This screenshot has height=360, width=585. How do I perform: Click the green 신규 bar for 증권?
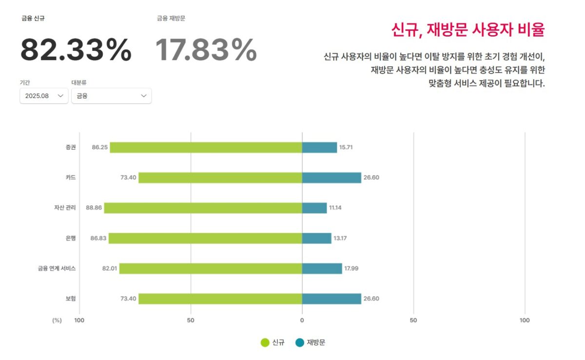(206, 147)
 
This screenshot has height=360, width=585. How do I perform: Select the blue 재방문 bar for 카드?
(331, 178)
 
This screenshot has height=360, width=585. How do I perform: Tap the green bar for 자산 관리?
(203, 208)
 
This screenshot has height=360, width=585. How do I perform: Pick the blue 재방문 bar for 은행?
(316, 238)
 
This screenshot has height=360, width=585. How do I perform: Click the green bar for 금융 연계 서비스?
(211, 268)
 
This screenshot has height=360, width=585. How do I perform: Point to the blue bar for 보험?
(331, 299)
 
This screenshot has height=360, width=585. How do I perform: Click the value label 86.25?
(99, 147)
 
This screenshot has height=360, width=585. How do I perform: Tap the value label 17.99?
(351, 268)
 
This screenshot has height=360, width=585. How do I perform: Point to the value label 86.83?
(98, 238)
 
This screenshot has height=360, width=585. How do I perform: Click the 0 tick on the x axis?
(302, 320)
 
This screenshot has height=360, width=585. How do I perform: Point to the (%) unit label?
(57, 320)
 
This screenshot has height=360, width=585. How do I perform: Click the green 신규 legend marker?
(265, 342)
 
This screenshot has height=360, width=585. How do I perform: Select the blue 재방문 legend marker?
(300, 342)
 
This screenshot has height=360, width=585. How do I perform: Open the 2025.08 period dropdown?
(44, 96)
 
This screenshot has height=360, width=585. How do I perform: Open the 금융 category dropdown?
(111, 96)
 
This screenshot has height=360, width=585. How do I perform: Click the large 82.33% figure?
(76, 50)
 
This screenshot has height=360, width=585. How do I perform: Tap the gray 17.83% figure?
(206, 50)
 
